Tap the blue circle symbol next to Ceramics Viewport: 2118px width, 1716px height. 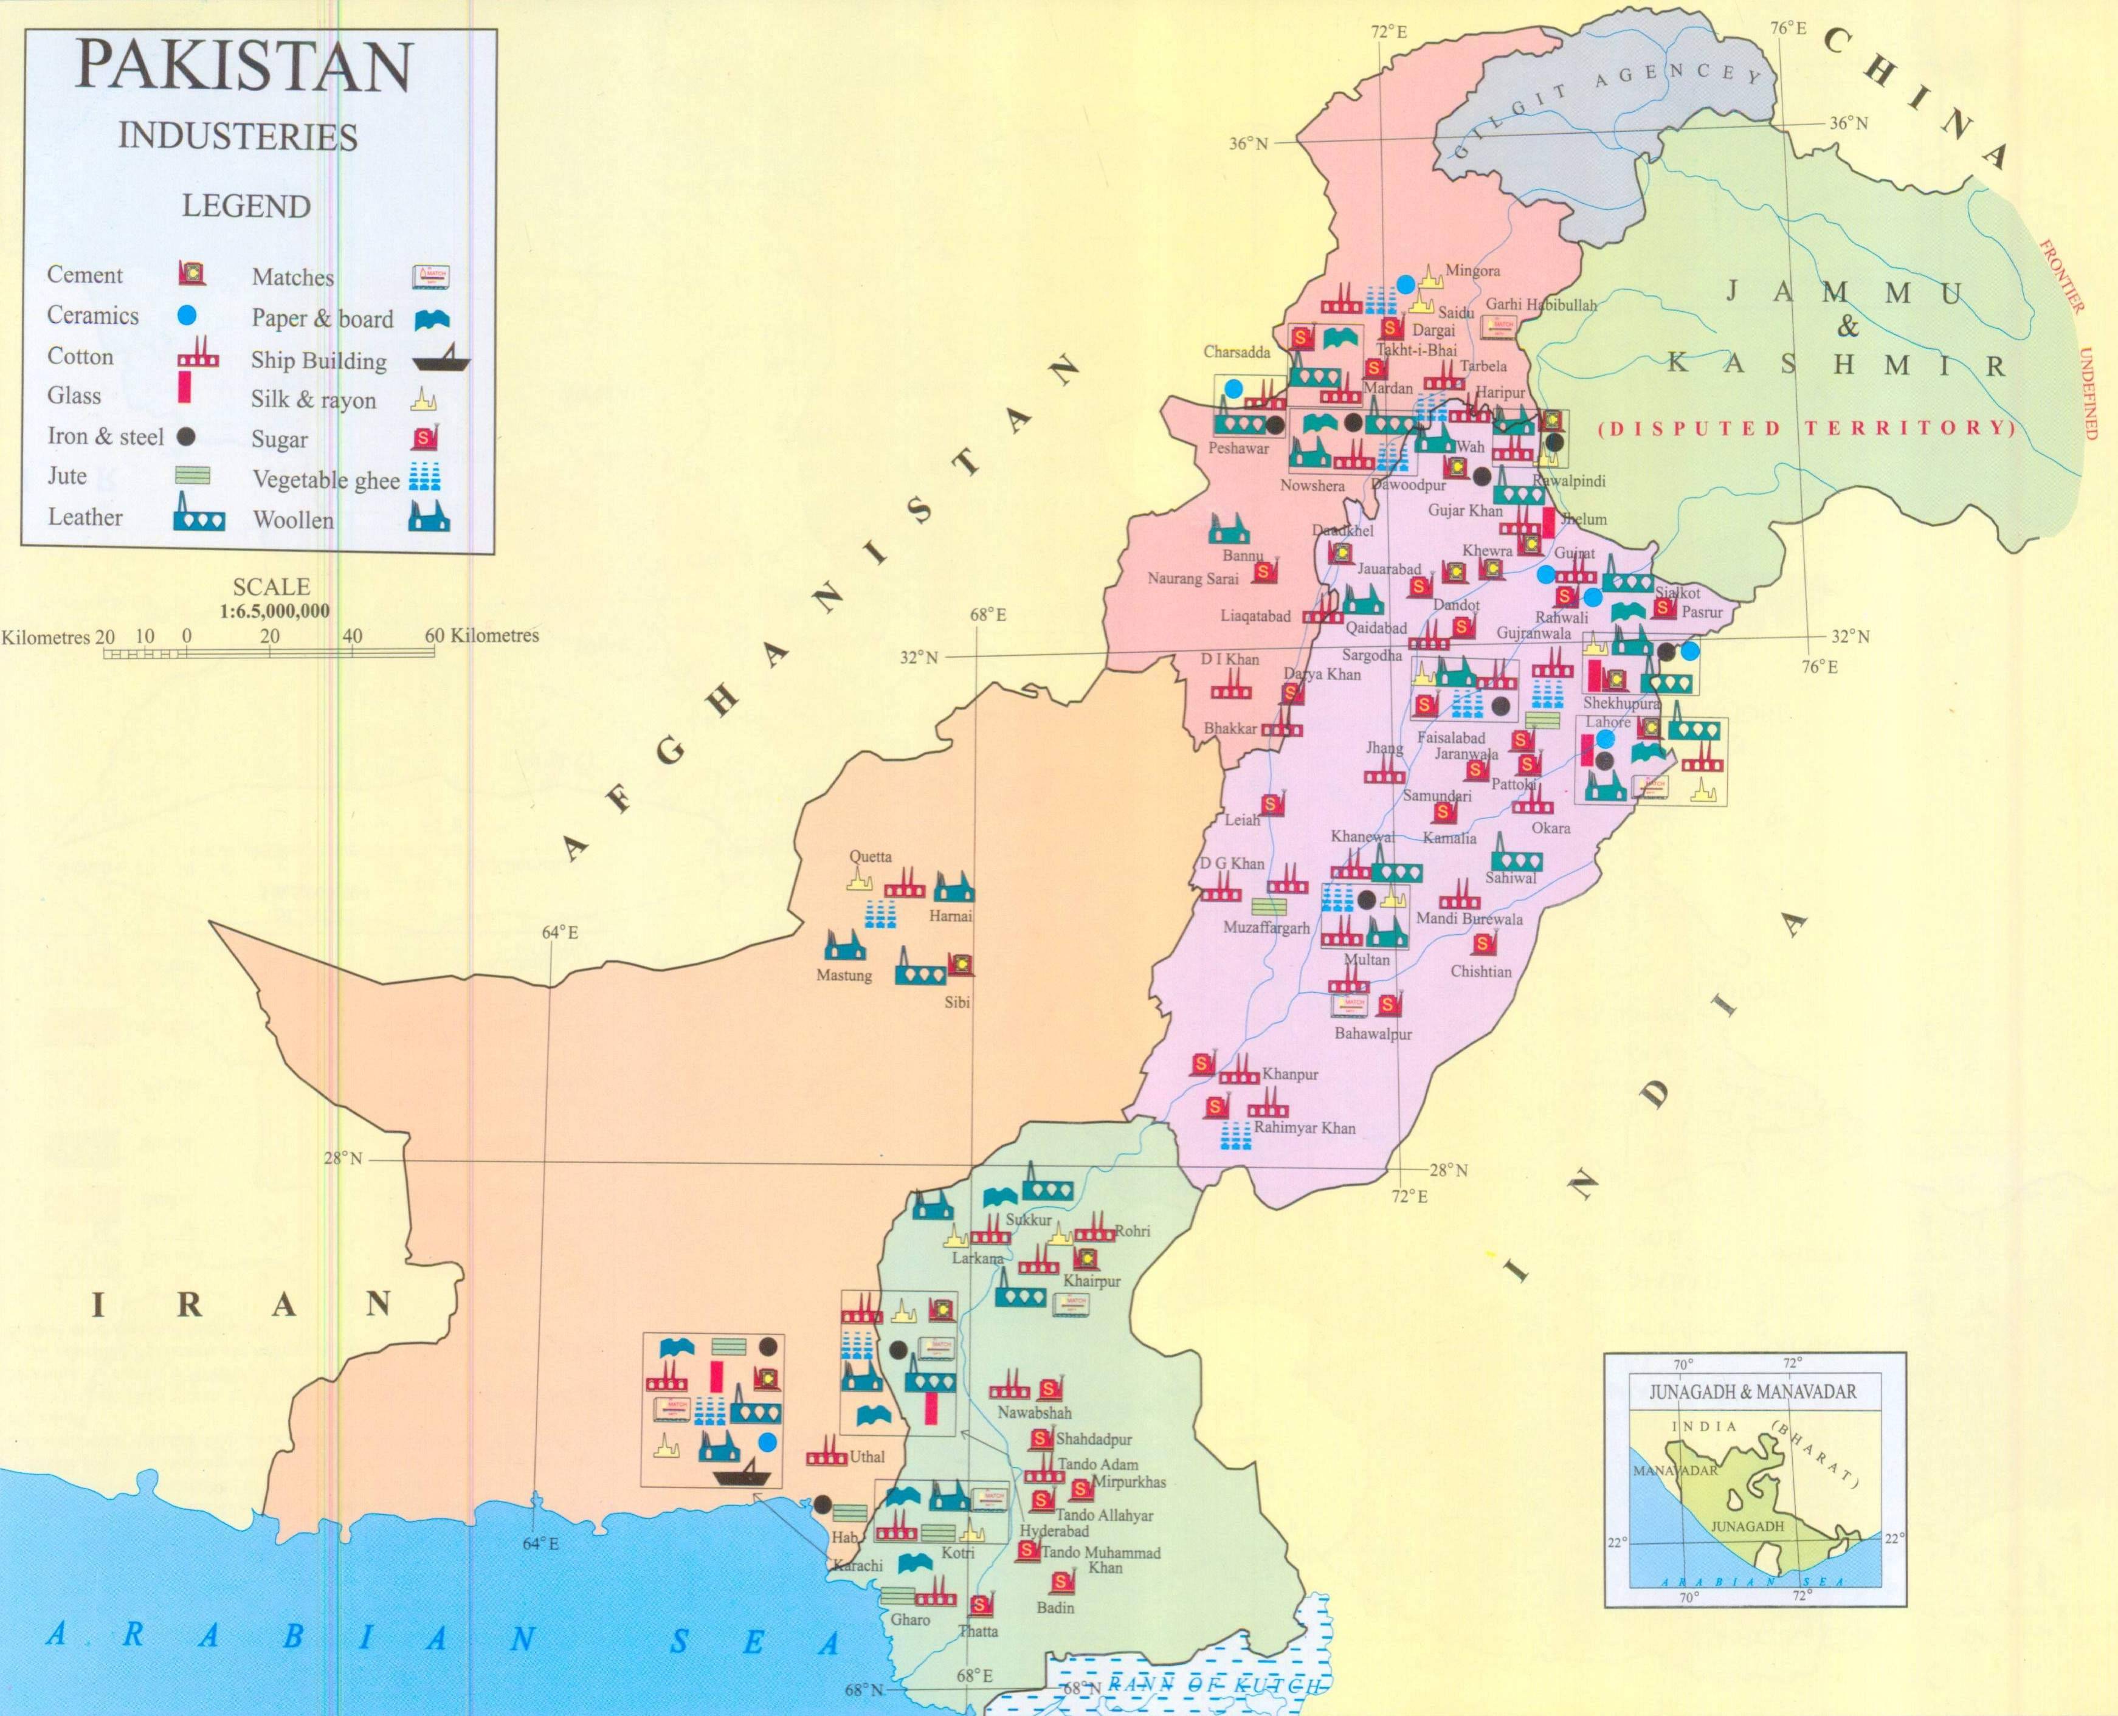(189, 315)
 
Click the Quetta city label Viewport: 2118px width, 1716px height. (870, 856)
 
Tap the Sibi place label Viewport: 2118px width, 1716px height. (957, 1002)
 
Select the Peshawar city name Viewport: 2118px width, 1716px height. (1238, 449)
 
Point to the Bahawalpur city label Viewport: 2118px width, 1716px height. (1373, 1034)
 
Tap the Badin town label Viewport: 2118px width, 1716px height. (1055, 1607)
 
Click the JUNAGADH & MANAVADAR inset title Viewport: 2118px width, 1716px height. (1752, 1393)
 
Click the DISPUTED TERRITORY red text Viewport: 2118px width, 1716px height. (1806, 428)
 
